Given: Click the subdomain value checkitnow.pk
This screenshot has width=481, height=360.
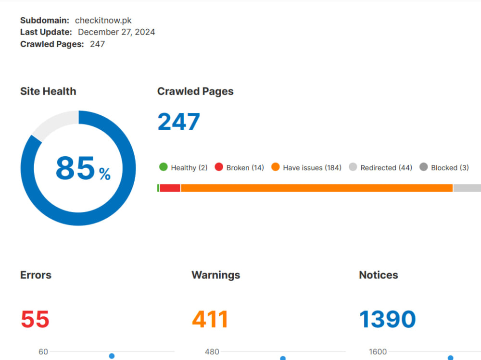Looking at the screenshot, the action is (x=103, y=21).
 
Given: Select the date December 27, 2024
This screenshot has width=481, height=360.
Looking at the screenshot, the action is (x=116, y=32).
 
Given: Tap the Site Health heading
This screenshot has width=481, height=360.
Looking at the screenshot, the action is (x=48, y=91).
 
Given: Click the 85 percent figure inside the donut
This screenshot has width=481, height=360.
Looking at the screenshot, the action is (x=83, y=168).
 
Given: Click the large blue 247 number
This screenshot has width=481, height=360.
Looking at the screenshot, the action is (x=179, y=122).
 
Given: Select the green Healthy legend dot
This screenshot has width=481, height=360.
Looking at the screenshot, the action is (x=164, y=167).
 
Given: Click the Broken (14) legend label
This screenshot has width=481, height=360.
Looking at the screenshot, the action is (x=245, y=168).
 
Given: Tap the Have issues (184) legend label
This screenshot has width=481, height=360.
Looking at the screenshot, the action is (x=312, y=168).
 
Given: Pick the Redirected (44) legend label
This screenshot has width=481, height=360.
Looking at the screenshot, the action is (x=386, y=168).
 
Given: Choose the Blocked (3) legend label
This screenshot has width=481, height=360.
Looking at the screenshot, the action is (x=450, y=168).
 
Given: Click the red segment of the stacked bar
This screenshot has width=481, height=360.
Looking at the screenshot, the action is (x=170, y=188).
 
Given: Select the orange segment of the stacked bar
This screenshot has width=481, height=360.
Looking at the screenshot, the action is (x=316, y=188).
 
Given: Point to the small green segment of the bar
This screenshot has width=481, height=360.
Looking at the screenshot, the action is (x=158, y=188).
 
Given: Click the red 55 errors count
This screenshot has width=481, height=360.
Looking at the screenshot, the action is (x=35, y=320).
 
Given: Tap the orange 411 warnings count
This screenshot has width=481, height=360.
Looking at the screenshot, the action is (x=210, y=320).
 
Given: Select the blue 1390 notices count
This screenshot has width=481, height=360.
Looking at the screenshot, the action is (x=387, y=320).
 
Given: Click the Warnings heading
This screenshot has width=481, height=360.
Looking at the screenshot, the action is (x=216, y=275).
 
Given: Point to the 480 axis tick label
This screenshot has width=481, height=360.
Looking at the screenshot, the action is (x=212, y=352).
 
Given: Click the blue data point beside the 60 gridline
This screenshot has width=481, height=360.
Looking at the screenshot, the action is (x=112, y=356).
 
